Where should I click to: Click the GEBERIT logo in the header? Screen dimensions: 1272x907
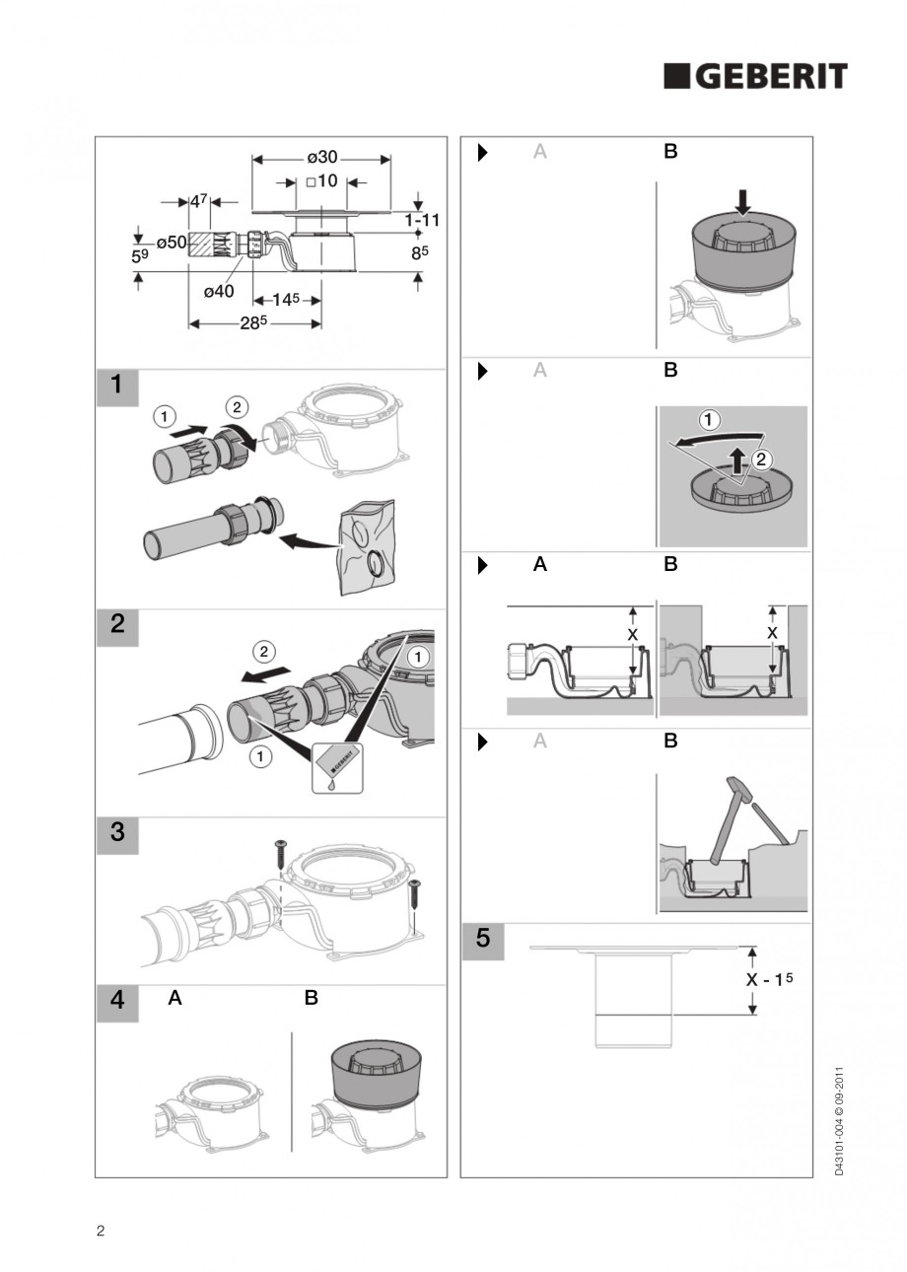(755, 77)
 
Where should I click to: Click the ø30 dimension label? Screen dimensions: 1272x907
(321, 158)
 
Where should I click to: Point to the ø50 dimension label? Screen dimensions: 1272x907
(172, 242)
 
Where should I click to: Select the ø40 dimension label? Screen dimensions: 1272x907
(219, 291)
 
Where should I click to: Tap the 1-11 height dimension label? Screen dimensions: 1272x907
(421, 220)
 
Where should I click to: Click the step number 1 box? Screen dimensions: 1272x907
(117, 386)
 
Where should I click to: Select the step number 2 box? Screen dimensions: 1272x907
(117, 625)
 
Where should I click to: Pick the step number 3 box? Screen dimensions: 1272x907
(117, 832)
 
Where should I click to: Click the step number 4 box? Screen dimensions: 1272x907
(117, 1000)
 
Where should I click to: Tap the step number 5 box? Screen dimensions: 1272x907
(483, 939)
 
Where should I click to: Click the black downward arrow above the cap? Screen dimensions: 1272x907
(743, 201)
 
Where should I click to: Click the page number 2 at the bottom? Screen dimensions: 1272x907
(101, 1230)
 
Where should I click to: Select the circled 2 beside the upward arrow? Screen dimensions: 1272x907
(761, 458)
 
